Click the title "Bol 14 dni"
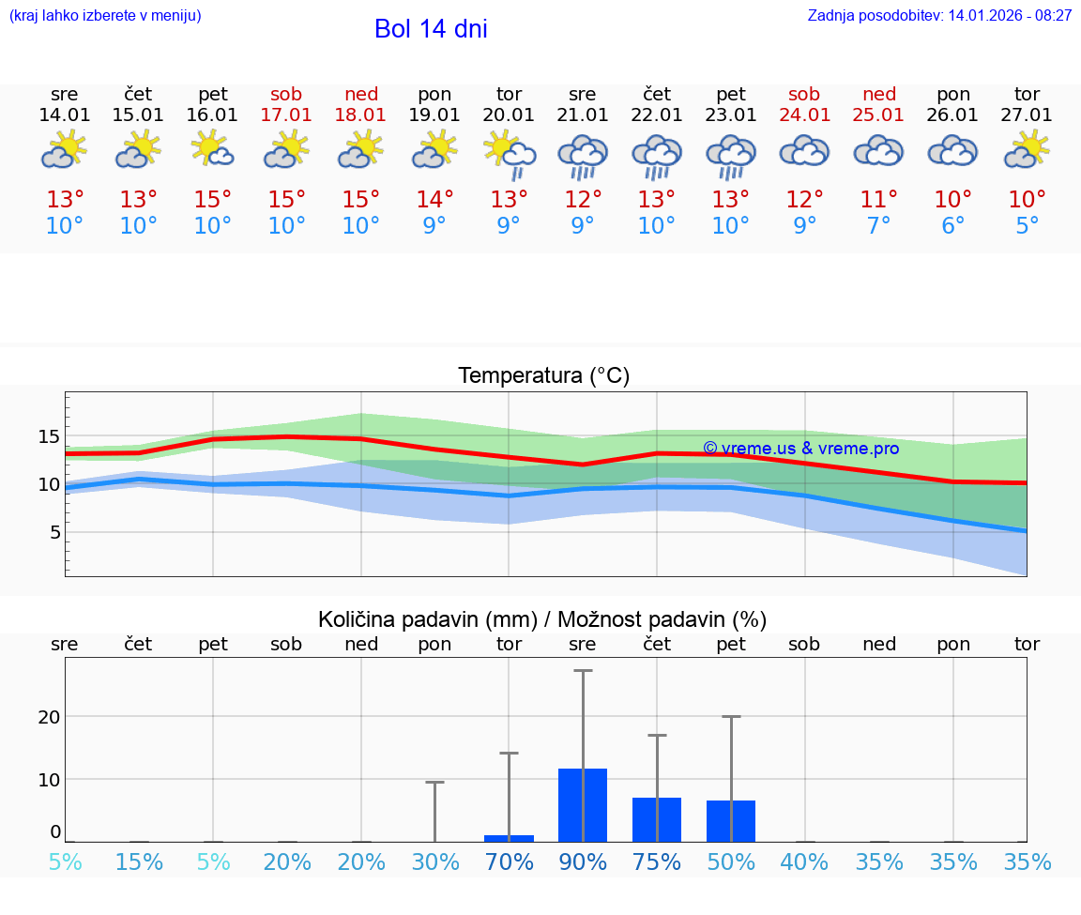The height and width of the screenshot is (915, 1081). click(x=431, y=29)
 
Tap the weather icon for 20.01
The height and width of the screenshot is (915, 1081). click(x=509, y=153)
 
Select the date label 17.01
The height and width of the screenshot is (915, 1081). click(x=286, y=114)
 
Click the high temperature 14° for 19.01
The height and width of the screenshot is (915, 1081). click(x=434, y=200)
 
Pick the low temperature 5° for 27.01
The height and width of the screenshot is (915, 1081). click(x=1028, y=226)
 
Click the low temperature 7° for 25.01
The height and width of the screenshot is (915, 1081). click(x=879, y=226)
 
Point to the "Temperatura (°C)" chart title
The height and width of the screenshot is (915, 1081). click(x=543, y=376)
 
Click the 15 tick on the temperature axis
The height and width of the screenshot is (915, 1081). click(x=49, y=436)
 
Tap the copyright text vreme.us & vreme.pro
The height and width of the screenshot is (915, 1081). click(x=801, y=449)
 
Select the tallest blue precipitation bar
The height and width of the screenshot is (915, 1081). click(x=583, y=804)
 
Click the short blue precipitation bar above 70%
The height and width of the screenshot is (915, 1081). click(x=509, y=838)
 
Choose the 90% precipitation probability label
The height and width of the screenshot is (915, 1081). click(x=583, y=862)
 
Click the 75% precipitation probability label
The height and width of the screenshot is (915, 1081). click(x=657, y=862)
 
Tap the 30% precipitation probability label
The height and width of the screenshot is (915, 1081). click(x=434, y=862)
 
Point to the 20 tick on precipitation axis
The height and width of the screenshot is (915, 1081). click(x=49, y=717)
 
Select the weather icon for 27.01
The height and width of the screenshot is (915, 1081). click(x=1028, y=150)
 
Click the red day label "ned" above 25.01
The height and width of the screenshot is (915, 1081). click(x=879, y=94)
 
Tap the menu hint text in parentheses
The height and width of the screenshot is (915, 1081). click(x=104, y=16)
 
